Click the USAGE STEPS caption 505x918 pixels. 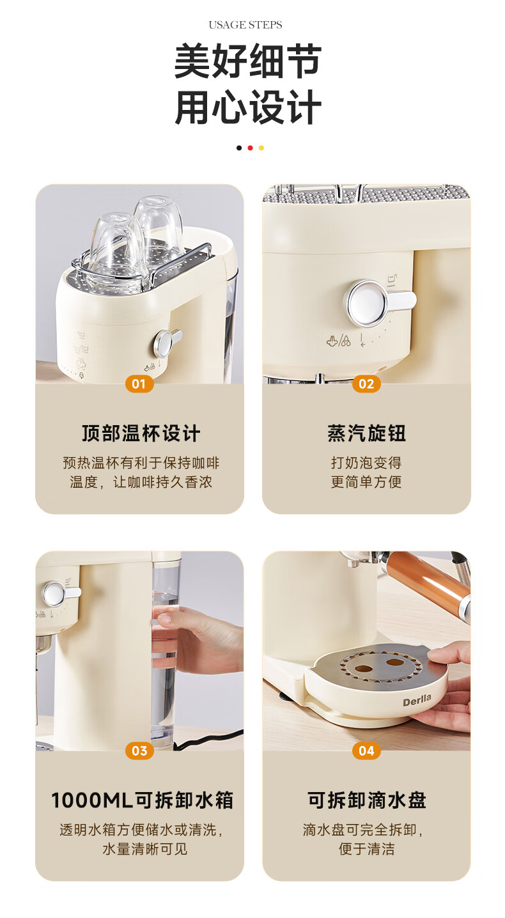point(245,25)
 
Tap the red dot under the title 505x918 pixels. point(250,148)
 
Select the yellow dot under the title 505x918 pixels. point(261,148)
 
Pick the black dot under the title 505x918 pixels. point(239,148)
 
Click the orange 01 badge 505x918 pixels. point(139,384)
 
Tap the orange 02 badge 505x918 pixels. point(366,384)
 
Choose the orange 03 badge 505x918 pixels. point(139,751)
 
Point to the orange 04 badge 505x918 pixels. point(366,751)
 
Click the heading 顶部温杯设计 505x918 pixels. point(141,433)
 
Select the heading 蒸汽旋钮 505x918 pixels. point(366,433)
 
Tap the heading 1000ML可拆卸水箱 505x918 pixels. point(142,800)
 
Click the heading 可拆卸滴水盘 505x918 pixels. point(366,800)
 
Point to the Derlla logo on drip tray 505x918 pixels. point(416,700)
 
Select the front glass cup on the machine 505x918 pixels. point(115,250)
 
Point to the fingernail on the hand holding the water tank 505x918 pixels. point(164,619)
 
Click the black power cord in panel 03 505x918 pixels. point(209,739)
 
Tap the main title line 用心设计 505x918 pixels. point(247,107)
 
